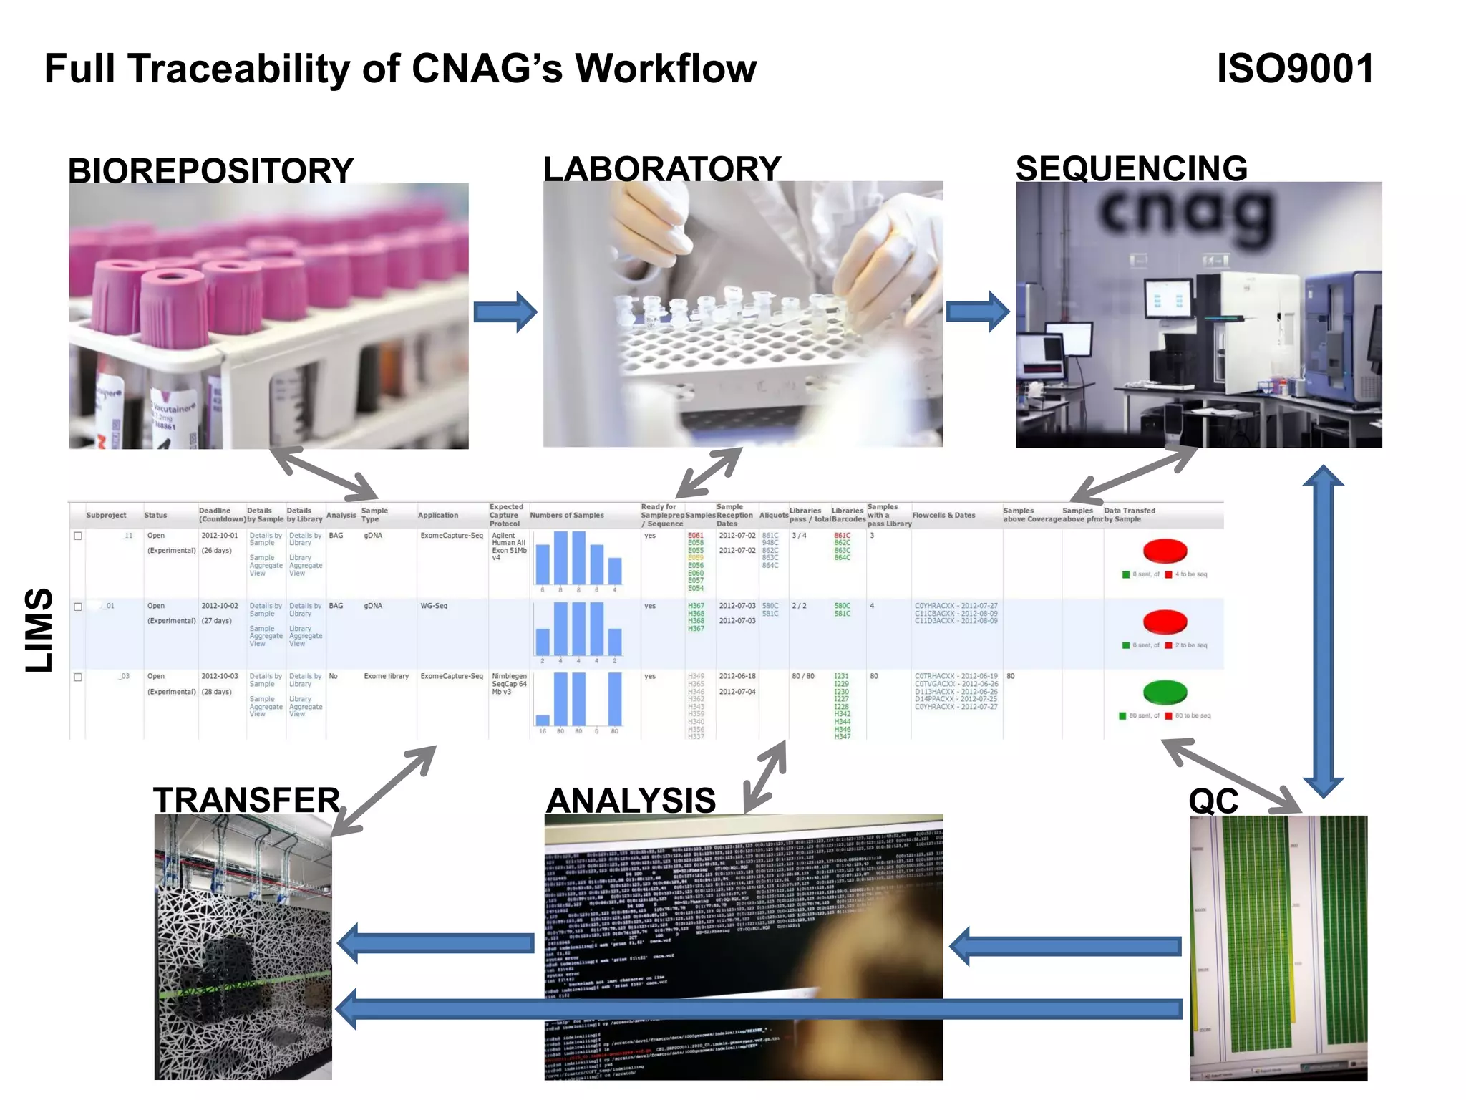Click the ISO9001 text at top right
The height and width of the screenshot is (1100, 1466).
[1295, 69]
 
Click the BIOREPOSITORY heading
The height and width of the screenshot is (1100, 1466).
[210, 170]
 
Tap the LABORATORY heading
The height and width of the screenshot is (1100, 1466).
[661, 168]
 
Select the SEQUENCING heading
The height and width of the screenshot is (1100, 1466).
[1131, 168]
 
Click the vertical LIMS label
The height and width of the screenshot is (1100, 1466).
[39, 630]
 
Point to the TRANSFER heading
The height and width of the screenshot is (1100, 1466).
[246, 800]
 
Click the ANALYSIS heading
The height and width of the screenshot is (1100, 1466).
[631, 800]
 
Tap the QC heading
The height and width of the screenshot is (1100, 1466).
[1213, 801]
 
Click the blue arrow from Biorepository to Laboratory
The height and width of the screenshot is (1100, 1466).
[505, 312]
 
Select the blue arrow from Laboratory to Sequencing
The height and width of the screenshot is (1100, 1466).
[977, 312]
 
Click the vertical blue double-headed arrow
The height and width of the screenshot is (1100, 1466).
[1323, 630]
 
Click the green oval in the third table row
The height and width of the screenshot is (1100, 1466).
[1165, 692]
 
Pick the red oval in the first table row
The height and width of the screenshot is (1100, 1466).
[1165, 551]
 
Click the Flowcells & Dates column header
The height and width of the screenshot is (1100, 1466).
[943, 515]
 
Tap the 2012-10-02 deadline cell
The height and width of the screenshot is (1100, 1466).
[219, 606]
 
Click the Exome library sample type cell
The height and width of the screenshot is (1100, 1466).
[386, 676]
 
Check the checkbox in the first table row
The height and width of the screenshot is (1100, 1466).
[78, 536]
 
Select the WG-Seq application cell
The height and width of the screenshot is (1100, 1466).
[434, 606]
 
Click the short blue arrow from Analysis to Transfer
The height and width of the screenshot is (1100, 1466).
[436, 943]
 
